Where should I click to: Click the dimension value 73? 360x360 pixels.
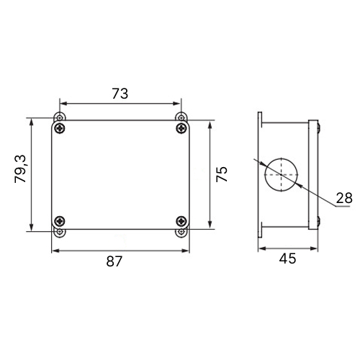(x=120, y=94)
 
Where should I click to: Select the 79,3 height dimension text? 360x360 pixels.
(x=20, y=169)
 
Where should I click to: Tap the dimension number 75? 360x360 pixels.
(x=222, y=174)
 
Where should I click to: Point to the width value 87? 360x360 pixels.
(x=114, y=261)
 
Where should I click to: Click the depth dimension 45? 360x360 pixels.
(x=287, y=258)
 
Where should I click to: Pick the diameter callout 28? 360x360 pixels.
(x=344, y=198)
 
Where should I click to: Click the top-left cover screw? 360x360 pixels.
(x=60, y=128)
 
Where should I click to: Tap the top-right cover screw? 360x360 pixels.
(x=181, y=128)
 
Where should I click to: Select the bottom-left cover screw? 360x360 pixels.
(x=60, y=221)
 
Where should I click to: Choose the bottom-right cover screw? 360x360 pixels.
(x=181, y=221)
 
